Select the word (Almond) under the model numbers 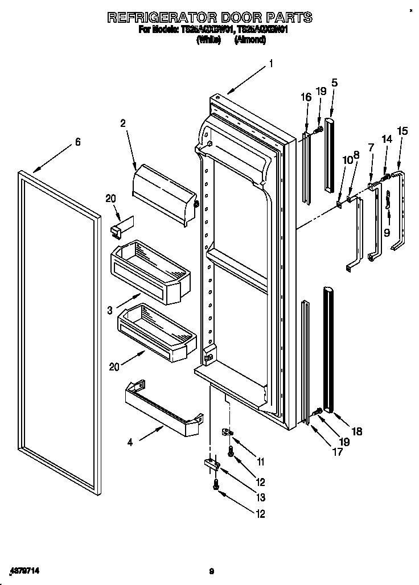pyautogui.click(x=250, y=40)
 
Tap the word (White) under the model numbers pyautogui.click(x=208, y=40)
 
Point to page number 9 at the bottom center pyautogui.click(x=211, y=571)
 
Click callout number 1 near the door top pyautogui.click(x=271, y=64)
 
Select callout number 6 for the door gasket pyautogui.click(x=77, y=142)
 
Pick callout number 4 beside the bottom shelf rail pyautogui.click(x=130, y=442)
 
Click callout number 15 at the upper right pyautogui.click(x=402, y=131)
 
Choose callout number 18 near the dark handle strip pyautogui.click(x=356, y=432)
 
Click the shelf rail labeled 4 pyautogui.click(x=164, y=411)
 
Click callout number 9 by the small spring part pyautogui.click(x=387, y=232)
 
